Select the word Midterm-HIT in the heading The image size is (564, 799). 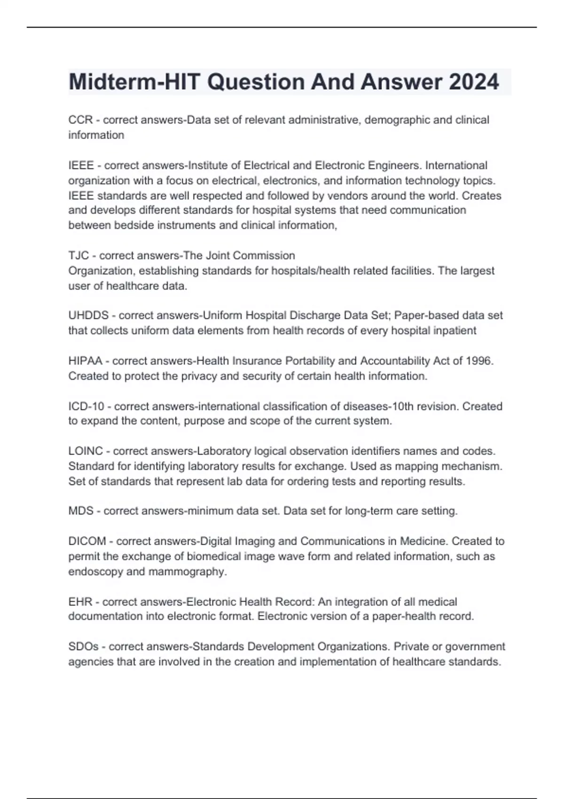coord(134,82)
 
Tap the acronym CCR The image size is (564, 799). coord(80,120)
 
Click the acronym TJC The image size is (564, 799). coord(78,256)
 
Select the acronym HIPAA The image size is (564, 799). coord(85,361)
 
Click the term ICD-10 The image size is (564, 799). coord(86,406)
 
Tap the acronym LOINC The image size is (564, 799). coord(86,451)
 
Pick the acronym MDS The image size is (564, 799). coord(81,511)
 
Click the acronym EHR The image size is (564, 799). coord(80,602)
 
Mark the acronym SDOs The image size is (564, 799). coord(84,647)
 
